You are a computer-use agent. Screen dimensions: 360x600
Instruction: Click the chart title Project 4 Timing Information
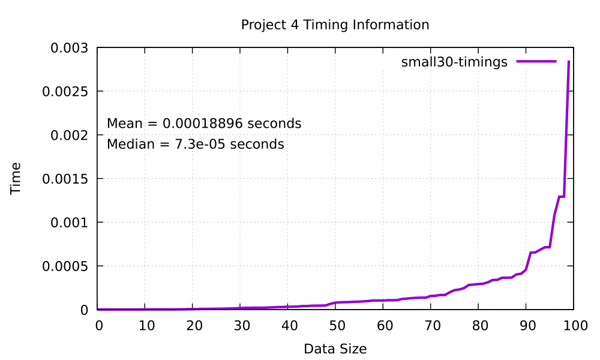tap(335, 25)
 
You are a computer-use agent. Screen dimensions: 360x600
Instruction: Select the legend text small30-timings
tap(454, 62)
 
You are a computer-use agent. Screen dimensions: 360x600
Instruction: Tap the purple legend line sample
tap(537, 61)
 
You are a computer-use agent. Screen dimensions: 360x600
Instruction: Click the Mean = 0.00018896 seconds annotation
tap(204, 124)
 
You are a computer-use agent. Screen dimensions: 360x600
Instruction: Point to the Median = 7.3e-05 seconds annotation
tap(195, 145)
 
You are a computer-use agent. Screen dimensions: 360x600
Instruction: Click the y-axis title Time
tap(16, 178)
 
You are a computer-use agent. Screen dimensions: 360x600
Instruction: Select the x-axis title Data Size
tap(335, 349)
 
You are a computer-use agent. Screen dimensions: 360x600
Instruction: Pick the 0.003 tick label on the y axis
tap(71, 48)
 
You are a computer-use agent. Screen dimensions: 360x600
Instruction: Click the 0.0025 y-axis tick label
tap(67, 92)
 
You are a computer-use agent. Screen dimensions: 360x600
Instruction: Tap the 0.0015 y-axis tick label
tap(67, 179)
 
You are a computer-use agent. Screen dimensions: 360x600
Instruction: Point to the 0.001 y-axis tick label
tap(71, 223)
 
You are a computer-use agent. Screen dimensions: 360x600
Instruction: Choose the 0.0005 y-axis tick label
tap(67, 266)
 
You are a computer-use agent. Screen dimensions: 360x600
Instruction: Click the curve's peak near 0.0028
tap(569, 62)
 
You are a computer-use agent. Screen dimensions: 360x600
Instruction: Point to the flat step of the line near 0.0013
tap(562, 197)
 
